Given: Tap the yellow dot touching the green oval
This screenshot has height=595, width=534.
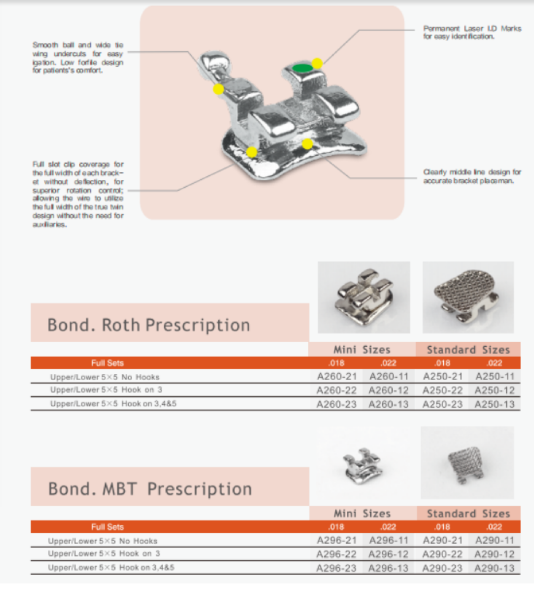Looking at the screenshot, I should tap(317, 64).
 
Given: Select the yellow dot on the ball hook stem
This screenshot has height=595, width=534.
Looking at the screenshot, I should tap(219, 89).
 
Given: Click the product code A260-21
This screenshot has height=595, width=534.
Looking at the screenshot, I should tap(337, 377).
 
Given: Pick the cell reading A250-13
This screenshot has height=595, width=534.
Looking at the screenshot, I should tap(494, 404).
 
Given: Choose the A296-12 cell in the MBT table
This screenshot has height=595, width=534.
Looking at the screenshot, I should tap(389, 554).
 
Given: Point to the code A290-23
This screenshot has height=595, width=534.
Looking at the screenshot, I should tap(442, 568).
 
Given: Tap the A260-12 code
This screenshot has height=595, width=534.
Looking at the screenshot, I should tap(389, 391).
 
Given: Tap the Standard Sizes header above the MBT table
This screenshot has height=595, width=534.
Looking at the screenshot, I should tap(468, 514).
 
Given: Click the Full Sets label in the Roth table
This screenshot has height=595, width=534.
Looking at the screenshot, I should tap(107, 363).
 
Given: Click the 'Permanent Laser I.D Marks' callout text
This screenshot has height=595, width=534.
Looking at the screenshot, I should tap(472, 32).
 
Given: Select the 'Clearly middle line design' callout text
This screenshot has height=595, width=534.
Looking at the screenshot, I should tap(472, 176).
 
